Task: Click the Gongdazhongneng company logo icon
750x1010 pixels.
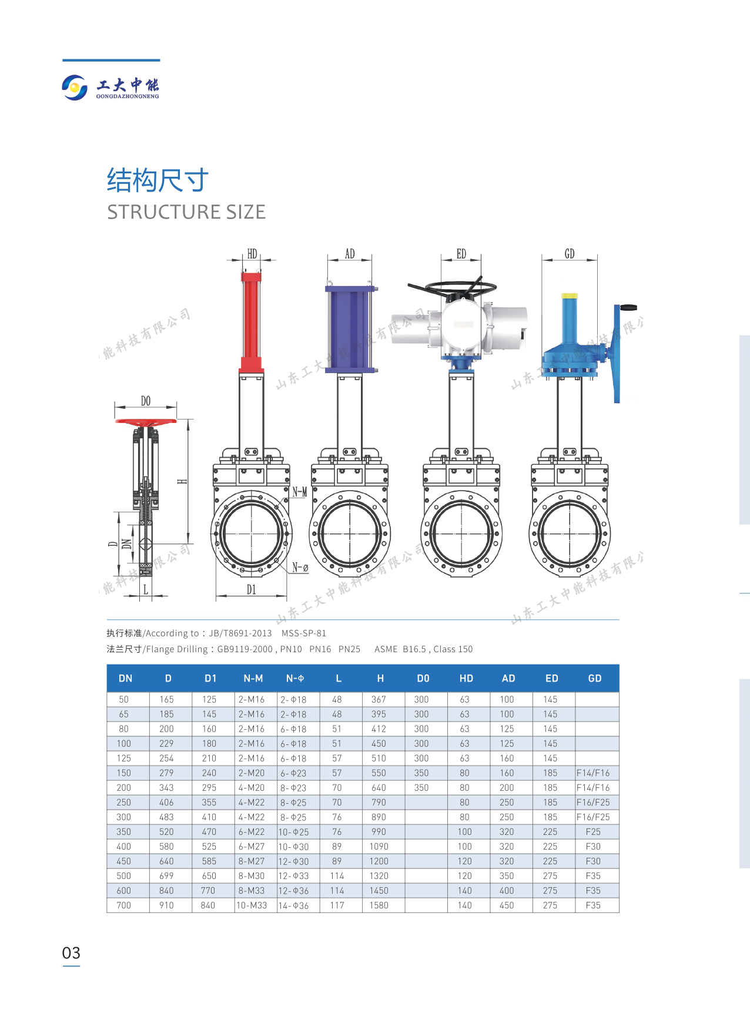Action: coord(75,87)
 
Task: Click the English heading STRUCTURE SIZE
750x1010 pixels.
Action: coord(186,212)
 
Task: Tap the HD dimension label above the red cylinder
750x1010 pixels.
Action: coord(252,254)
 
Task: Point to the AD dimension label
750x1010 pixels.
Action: coord(350,254)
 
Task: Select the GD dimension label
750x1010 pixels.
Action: coord(570,254)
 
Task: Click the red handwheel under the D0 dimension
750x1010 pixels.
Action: coord(146,422)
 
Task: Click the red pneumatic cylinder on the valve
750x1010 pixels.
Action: coord(252,321)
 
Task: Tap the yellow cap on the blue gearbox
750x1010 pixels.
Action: coord(569,296)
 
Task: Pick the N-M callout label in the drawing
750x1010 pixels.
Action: coord(300,492)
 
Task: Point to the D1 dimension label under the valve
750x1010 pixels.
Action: coord(252,589)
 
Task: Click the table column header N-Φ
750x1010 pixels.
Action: coord(295,678)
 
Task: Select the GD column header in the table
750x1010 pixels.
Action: coord(595,678)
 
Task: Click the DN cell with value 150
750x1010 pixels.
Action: coord(123,773)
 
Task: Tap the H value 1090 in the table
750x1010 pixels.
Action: coord(379,847)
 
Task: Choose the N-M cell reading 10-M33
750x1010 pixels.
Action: coord(252,905)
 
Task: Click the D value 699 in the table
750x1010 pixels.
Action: coord(166,876)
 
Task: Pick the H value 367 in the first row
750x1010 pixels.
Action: coord(379,700)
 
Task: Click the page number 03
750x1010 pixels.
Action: coord(71,952)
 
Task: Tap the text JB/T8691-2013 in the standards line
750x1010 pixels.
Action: coord(245,633)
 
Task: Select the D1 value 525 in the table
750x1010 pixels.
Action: coord(209,847)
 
